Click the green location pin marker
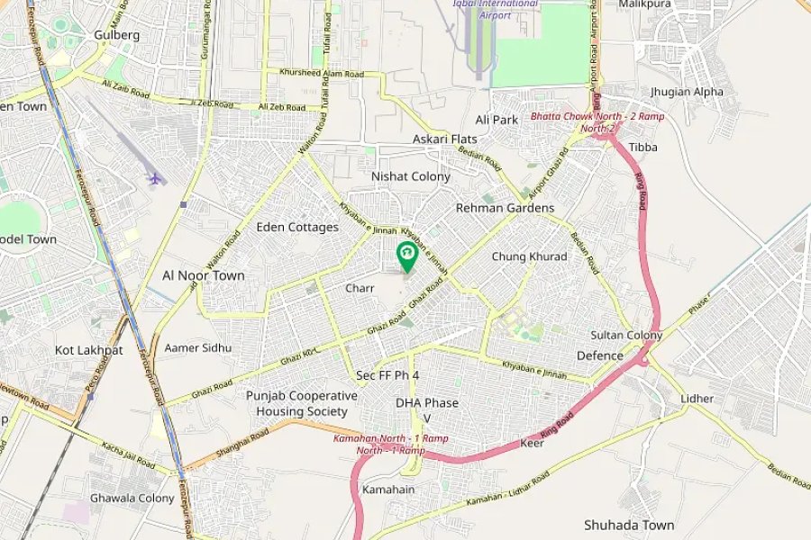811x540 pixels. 406,256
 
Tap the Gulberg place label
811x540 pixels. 116,35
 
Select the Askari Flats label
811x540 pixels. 445,139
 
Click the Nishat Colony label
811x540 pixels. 410,176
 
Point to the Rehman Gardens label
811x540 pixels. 505,208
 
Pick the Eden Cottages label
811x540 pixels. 297,227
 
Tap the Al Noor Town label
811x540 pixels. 203,275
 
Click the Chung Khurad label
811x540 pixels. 529,256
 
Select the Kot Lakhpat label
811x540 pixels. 88,349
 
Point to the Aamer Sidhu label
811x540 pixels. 197,347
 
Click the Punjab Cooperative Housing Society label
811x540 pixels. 302,402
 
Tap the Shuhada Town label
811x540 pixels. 628,525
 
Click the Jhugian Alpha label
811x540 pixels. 687,92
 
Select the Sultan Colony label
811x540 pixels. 626,335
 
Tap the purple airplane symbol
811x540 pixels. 156,178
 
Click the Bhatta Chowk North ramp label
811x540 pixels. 585,121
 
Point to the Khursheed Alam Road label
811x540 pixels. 322,72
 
